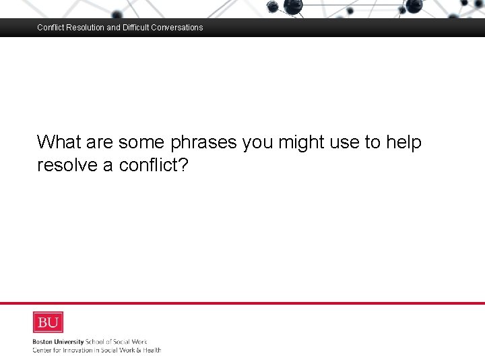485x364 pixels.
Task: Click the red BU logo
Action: [48, 322]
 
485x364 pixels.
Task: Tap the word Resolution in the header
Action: [84, 28]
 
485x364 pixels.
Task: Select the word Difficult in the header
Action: [138, 28]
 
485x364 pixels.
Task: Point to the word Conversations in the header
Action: [179, 28]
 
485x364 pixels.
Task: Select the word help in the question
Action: [403, 142]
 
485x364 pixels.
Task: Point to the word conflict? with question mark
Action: [154, 165]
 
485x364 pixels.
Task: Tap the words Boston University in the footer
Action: [58, 342]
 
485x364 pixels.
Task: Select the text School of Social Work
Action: [115, 342]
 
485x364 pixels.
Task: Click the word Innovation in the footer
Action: [80, 350]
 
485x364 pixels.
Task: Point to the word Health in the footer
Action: [152, 350]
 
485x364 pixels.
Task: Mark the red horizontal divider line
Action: [243, 303]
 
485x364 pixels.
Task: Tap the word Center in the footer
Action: [42, 350]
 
